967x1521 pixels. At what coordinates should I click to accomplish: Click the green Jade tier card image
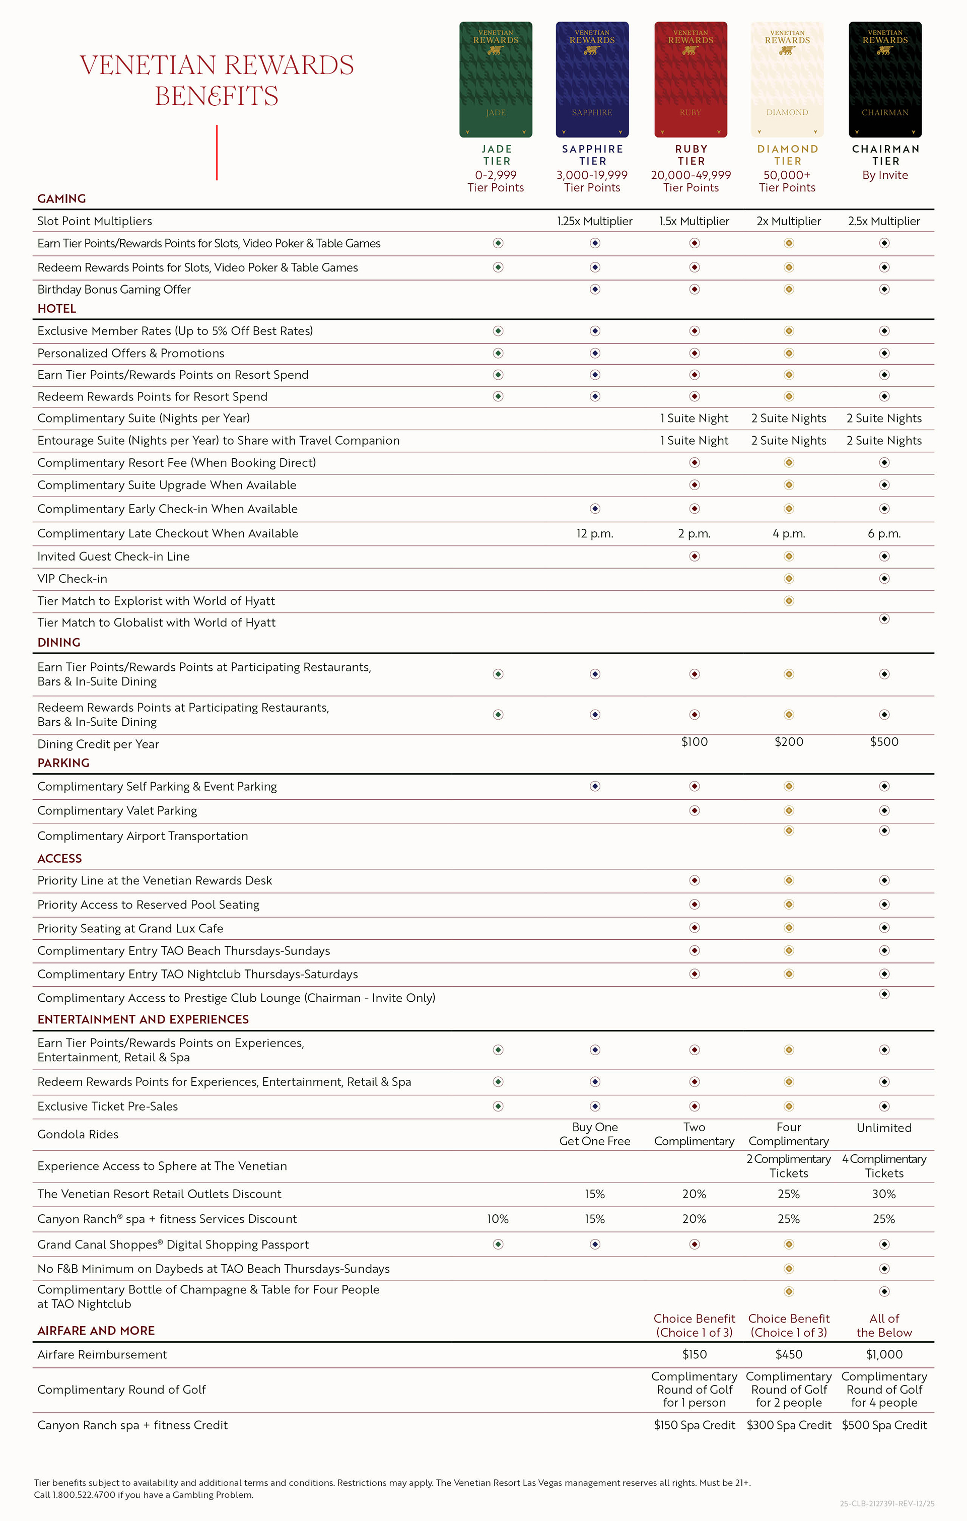(x=496, y=80)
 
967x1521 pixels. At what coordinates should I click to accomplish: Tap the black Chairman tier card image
(x=885, y=80)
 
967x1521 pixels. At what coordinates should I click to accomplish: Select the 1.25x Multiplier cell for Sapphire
(x=594, y=221)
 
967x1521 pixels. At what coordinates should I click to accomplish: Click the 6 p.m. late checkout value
(x=884, y=534)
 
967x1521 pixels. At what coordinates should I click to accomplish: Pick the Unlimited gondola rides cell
(x=884, y=1128)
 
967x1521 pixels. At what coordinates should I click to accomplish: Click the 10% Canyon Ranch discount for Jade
(x=498, y=1219)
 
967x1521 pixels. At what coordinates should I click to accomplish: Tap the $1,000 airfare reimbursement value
(x=884, y=1354)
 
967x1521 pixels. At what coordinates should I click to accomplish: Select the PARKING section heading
(x=63, y=763)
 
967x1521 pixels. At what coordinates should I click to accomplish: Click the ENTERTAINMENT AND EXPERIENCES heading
(x=143, y=1019)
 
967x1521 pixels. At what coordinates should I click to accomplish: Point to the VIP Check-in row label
(x=72, y=579)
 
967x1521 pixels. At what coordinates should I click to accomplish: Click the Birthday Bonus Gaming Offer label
(x=114, y=289)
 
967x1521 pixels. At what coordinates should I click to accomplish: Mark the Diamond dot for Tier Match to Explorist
(x=789, y=601)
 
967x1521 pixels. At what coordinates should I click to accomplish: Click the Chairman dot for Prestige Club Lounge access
(x=884, y=994)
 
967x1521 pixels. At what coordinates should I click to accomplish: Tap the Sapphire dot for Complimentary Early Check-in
(x=595, y=509)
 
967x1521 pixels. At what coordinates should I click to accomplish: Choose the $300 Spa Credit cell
(x=789, y=1425)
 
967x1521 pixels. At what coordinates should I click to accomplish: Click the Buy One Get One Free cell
(x=594, y=1134)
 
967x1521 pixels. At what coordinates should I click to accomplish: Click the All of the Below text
(x=884, y=1325)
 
